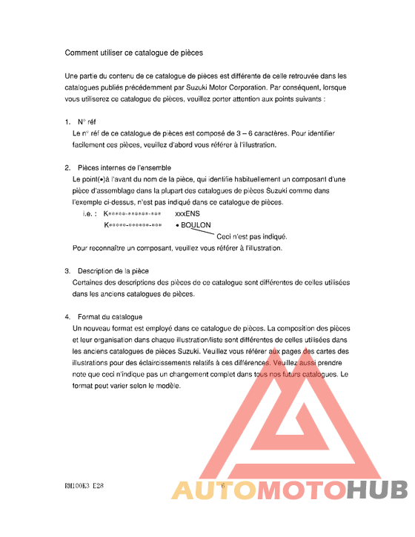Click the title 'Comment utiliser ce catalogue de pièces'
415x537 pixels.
point(133,53)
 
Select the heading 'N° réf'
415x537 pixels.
point(87,121)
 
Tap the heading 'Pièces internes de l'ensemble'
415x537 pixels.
point(124,167)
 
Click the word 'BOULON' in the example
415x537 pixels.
point(196,225)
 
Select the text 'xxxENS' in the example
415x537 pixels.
point(187,213)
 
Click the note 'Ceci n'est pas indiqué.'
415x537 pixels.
point(251,236)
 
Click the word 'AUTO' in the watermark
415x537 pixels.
point(210,490)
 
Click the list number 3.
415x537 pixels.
point(67,271)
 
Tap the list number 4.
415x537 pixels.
point(67,317)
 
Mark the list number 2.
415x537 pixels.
point(67,167)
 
